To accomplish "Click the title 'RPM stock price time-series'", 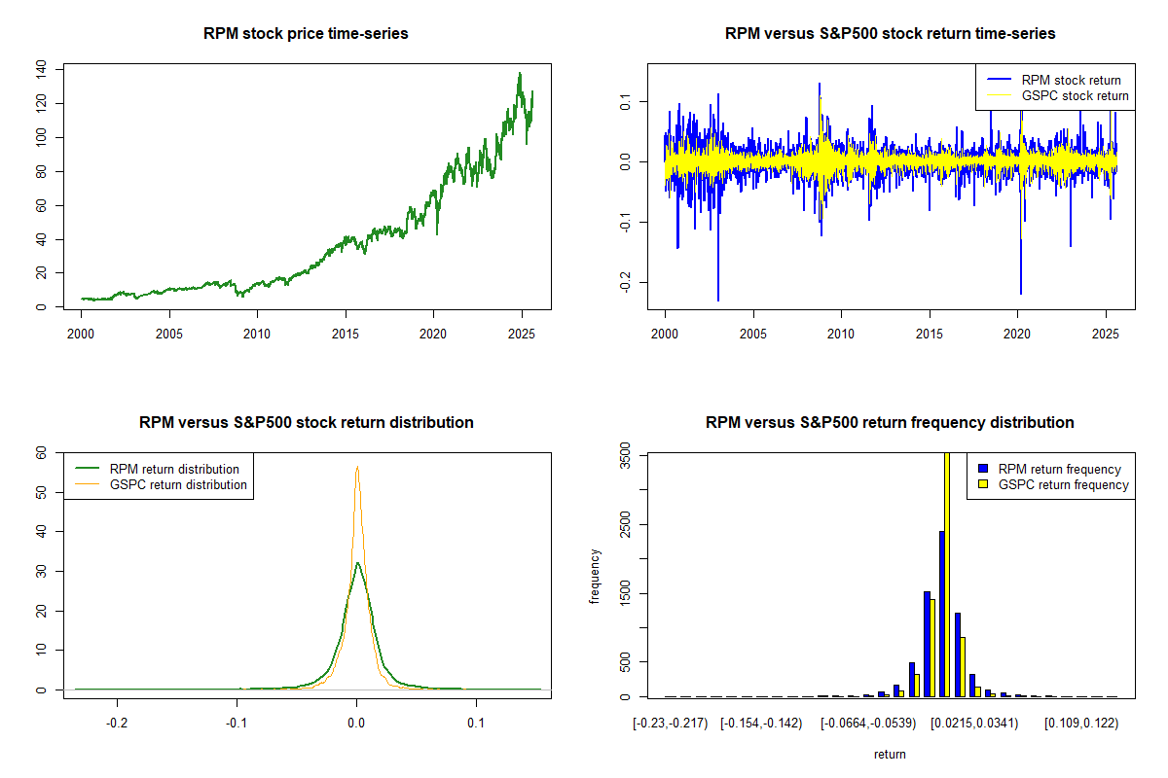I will coord(306,34).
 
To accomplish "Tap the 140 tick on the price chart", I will coord(41,69).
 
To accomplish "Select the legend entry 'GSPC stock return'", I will coord(1075,96).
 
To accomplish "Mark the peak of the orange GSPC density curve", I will coord(357,467).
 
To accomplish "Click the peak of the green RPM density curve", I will coord(357,562).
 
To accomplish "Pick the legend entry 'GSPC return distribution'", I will coord(179,484).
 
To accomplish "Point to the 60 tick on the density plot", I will coord(41,453).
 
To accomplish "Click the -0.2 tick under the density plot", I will coord(118,724).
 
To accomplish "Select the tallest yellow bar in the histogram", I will coord(947,574).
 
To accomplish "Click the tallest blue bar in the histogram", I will coord(941,613).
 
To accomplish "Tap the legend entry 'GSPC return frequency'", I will coord(1064,484).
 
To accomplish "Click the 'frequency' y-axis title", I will coord(595,576).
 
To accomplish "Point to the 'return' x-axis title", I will coord(890,755).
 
